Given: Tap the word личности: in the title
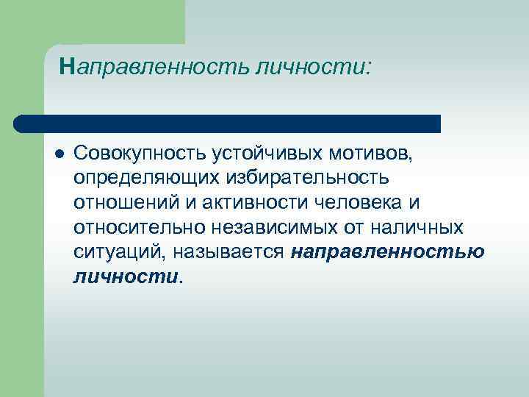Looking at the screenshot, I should click(x=314, y=68).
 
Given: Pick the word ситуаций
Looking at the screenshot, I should click(x=120, y=251).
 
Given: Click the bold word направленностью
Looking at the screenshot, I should click(x=387, y=251).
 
